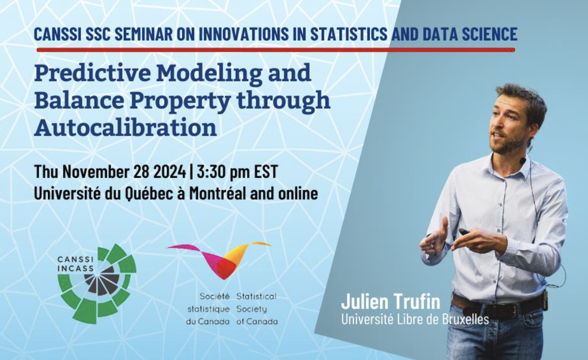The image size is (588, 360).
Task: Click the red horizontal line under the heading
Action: click(276, 50)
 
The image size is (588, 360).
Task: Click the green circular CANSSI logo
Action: click(98, 283)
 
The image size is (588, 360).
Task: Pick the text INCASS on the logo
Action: click(75, 268)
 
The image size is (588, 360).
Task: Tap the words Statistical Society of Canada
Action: click(257, 309)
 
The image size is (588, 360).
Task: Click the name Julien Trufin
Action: click(390, 302)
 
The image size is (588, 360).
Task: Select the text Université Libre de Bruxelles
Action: click(415, 319)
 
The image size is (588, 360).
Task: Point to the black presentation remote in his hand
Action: click(464, 232)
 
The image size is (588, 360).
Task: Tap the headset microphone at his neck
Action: click(523, 160)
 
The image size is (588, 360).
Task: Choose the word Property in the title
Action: click(179, 100)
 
